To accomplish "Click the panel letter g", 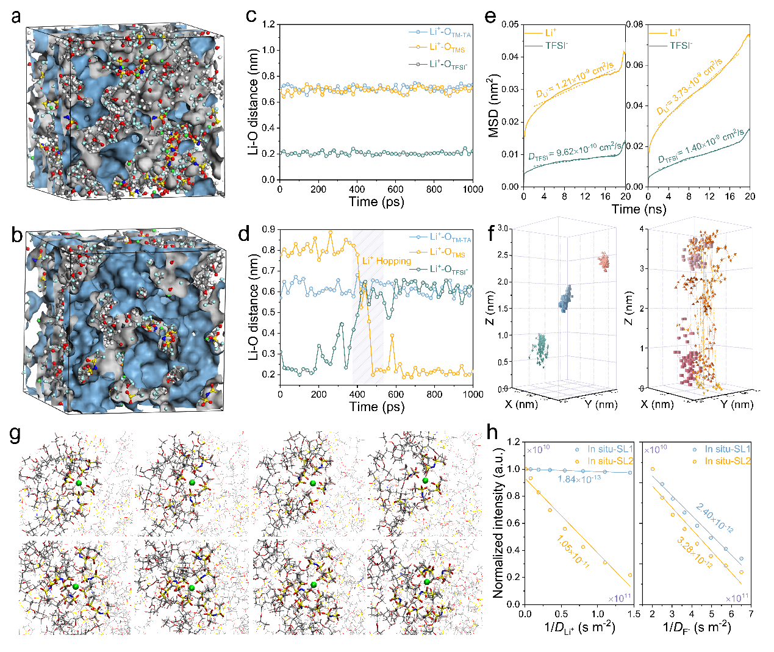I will point(16,434).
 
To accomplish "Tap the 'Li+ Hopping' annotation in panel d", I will point(387,261).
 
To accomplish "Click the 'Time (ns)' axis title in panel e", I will point(639,209).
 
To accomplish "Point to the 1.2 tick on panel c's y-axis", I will point(268,25).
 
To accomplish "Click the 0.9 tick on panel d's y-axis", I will point(268,229).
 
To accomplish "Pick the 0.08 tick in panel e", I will point(635,24).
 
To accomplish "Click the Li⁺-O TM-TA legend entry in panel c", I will point(450,33).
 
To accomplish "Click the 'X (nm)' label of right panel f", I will point(661,404).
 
